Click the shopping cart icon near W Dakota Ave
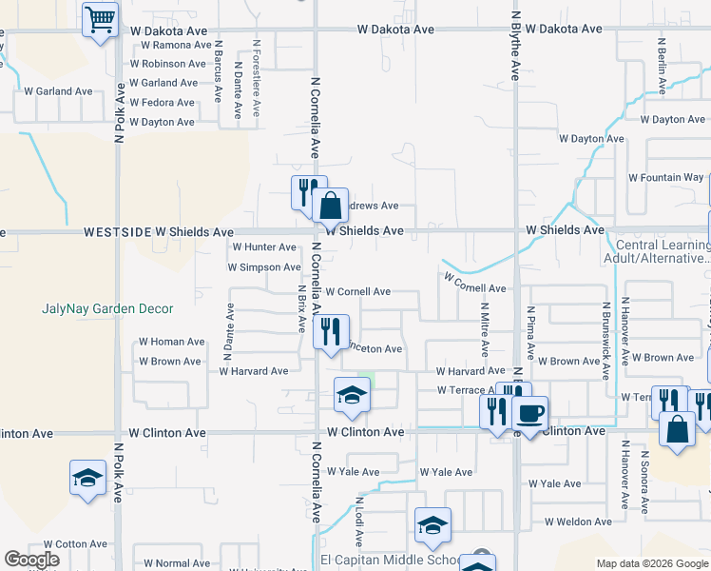click(x=100, y=19)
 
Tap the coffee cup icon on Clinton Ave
click(x=530, y=413)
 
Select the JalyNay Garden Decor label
click(x=107, y=308)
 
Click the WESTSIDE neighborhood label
click(x=117, y=231)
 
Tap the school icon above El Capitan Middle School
click(x=432, y=524)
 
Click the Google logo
click(x=32, y=560)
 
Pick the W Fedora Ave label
click(x=163, y=102)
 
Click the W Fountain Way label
click(x=666, y=177)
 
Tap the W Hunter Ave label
click(x=264, y=246)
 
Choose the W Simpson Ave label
click(x=263, y=267)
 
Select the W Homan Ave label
click(x=171, y=342)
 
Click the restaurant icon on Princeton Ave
click(x=330, y=332)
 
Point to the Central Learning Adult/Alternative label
click(x=656, y=250)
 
